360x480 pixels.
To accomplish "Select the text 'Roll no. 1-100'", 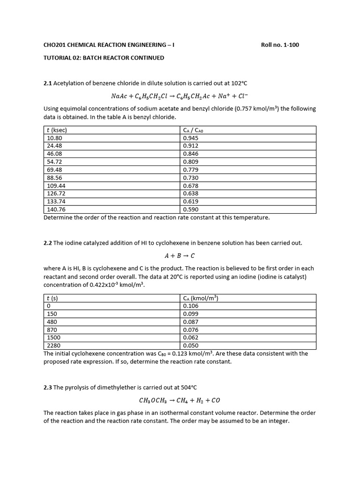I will (279, 45).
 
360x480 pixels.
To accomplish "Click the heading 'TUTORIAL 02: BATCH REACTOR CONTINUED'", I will (104, 58).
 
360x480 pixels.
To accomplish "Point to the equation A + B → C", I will (180, 255).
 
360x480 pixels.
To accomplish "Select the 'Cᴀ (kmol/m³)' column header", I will (201, 298).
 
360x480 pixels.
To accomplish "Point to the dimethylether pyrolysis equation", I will (180, 400).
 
